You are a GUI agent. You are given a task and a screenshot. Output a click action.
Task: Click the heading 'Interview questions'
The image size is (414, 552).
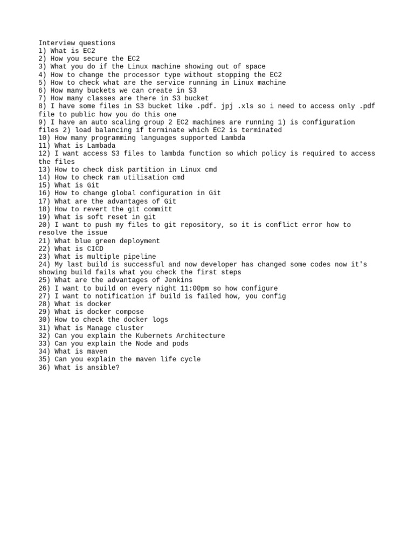(x=77, y=43)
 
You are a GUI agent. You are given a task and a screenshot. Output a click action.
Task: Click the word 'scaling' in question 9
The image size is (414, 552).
(x=123, y=122)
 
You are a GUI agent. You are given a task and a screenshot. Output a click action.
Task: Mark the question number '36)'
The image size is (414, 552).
(x=44, y=367)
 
